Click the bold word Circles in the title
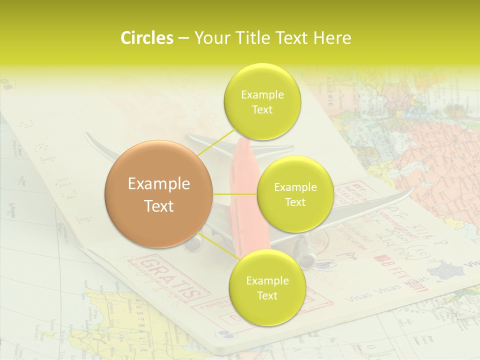(x=146, y=38)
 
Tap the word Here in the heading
(x=332, y=38)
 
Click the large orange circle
(x=158, y=194)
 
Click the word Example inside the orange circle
(x=158, y=184)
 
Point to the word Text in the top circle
(x=262, y=110)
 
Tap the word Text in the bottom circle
(x=267, y=295)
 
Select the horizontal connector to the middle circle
(x=235, y=194)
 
